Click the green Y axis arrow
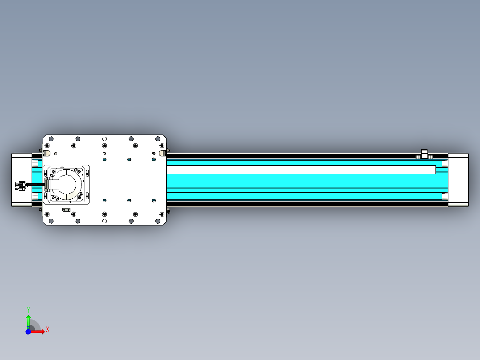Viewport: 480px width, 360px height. click(x=28, y=322)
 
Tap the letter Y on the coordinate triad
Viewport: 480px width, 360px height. click(x=28, y=310)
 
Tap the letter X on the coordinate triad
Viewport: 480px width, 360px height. click(x=48, y=329)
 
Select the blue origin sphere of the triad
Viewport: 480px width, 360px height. click(x=28, y=332)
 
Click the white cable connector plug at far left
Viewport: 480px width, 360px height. click(x=20, y=186)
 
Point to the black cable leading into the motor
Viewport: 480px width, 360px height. click(x=35, y=184)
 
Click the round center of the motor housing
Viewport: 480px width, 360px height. click(x=66, y=184)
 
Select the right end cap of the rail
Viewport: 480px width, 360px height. click(x=458, y=180)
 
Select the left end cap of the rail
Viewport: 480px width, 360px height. click(x=22, y=180)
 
